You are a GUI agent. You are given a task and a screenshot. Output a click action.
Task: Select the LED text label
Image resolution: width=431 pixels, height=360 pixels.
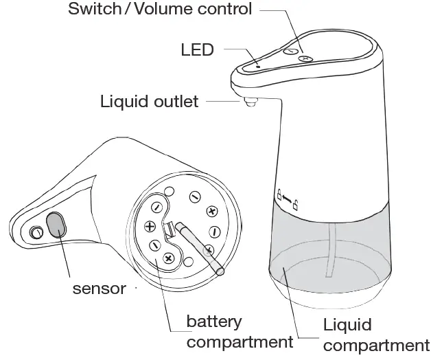198,49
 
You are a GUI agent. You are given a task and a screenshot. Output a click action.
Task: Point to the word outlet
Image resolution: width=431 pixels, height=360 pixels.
174,102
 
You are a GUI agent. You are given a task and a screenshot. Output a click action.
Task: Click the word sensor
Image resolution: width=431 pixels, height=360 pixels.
100,288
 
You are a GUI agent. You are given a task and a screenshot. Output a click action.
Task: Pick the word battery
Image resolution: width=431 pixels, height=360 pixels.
214,322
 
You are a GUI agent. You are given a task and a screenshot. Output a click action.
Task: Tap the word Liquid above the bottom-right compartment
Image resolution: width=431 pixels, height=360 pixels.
347,325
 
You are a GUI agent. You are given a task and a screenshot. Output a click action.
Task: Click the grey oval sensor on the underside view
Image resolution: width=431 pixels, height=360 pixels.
55,224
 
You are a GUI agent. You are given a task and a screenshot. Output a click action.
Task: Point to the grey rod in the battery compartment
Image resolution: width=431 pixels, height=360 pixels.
199,246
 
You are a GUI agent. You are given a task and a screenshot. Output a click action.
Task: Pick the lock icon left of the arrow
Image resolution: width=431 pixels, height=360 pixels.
279,194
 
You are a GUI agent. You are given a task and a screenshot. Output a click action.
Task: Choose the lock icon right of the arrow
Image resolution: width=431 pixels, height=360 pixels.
296,205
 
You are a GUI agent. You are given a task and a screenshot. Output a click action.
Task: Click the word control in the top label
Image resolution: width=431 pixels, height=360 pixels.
224,10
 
